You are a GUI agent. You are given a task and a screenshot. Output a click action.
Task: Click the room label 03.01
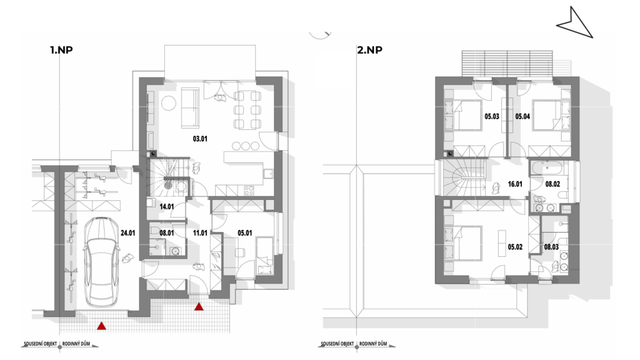click(200, 139)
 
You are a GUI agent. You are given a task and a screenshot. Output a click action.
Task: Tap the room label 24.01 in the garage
click(128, 233)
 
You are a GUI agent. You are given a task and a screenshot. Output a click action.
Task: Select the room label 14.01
click(167, 207)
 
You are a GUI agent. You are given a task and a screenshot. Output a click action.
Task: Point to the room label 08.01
click(167, 233)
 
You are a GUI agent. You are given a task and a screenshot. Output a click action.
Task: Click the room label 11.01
click(200, 233)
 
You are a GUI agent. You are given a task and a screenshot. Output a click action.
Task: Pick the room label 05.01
click(245, 233)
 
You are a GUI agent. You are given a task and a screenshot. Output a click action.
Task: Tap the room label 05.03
click(492, 116)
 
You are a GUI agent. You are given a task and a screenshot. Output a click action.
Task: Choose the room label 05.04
click(523, 116)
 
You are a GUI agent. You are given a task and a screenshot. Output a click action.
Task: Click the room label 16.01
click(515, 184)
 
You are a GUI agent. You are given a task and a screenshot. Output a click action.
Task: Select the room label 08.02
click(553, 184)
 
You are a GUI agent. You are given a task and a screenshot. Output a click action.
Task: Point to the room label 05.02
click(515, 247)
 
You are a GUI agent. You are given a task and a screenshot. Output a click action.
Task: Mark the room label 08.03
click(551, 247)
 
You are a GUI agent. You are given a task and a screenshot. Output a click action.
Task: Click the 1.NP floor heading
click(61, 50)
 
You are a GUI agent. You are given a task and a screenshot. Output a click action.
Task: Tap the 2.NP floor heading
click(370, 50)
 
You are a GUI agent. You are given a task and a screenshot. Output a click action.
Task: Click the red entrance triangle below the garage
click(102, 326)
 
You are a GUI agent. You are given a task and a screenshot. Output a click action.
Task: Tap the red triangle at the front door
click(199, 307)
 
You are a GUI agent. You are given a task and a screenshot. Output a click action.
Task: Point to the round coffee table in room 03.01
click(169, 103)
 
